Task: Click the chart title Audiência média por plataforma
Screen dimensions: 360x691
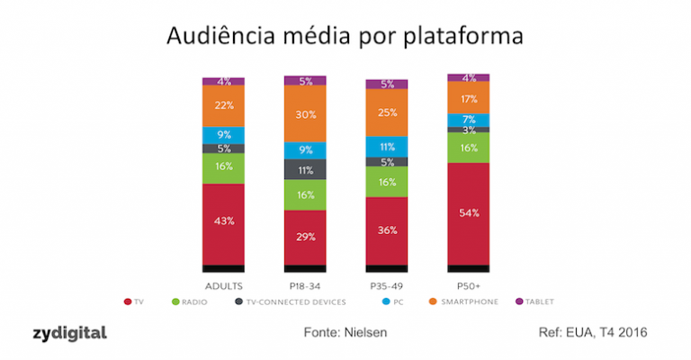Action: (345, 37)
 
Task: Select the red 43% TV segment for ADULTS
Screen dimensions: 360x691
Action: (223, 221)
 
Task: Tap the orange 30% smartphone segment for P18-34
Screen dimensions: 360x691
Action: (305, 113)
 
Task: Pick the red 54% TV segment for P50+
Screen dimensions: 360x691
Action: (468, 212)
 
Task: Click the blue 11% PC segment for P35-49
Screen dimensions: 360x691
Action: (387, 146)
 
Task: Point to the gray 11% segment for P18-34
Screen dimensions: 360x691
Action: (305, 169)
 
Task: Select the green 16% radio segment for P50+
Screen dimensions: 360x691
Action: (468, 148)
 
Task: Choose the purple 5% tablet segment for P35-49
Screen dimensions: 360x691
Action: (387, 85)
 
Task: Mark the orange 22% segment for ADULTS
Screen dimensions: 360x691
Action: (223, 105)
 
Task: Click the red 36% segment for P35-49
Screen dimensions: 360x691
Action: (387, 229)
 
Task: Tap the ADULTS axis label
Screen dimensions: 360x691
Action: (223, 283)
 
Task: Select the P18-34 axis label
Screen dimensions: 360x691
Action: (305, 283)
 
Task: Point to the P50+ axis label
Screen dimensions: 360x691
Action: (468, 283)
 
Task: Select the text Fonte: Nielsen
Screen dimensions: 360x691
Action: (346, 334)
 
